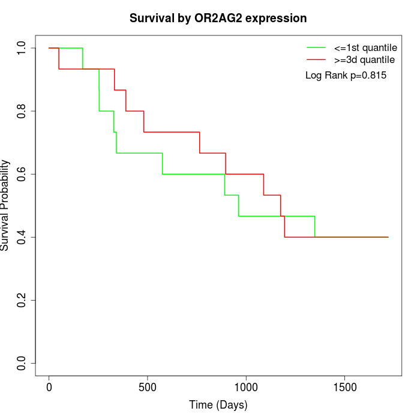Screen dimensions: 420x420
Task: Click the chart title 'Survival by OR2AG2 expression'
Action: [218, 19]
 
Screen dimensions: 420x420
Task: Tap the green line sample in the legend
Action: [316, 47]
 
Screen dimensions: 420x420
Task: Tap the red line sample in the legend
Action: [316, 59]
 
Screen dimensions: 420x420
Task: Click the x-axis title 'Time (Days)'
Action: [218, 405]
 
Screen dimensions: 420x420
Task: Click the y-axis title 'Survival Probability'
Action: [5, 205]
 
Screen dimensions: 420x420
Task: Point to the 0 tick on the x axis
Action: [49, 387]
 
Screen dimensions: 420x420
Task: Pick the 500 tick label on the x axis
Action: [148, 387]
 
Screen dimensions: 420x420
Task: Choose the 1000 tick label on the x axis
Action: [246, 387]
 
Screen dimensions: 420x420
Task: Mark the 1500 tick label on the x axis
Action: [344, 387]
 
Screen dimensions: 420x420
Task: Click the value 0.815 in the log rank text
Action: [372, 76]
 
